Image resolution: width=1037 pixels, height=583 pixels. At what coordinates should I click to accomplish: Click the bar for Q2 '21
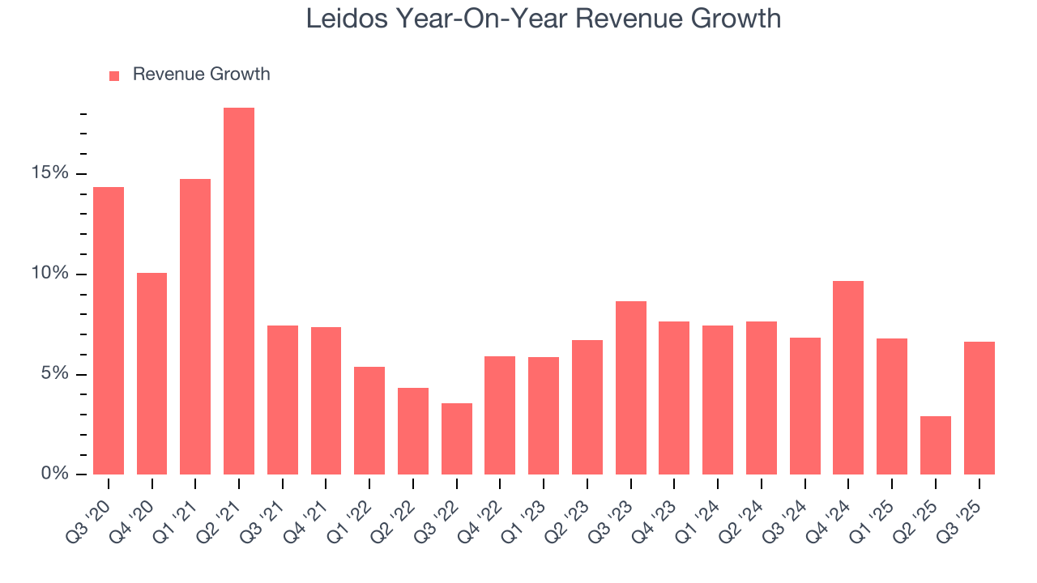pyautogui.click(x=239, y=291)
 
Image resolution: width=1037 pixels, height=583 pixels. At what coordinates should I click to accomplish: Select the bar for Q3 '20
pyautogui.click(x=109, y=330)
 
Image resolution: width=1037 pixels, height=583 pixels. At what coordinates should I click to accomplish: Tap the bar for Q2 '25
pyautogui.click(x=936, y=445)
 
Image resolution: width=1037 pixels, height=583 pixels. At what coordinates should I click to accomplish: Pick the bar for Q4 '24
pyautogui.click(x=848, y=377)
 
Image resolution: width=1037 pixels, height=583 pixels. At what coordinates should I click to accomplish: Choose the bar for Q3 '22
pyautogui.click(x=457, y=439)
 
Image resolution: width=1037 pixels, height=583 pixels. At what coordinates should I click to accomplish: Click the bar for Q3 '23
pyautogui.click(x=631, y=388)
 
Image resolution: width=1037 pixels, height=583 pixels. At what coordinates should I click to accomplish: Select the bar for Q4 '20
pyautogui.click(x=151, y=373)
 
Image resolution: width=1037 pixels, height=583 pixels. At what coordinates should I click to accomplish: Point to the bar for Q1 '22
pyautogui.click(x=369, y=420)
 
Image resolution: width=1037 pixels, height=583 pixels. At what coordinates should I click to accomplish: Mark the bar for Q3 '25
pyautogui.click(x=979, y=408)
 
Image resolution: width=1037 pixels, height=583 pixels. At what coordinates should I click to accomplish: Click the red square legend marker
pyautogui.click(x=114, y=75)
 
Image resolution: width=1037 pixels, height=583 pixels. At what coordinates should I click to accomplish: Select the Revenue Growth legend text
pyautogui.click(x=201, y=74)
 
